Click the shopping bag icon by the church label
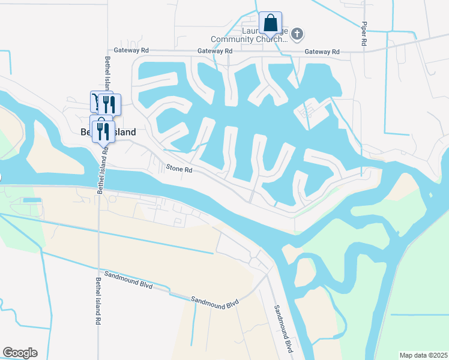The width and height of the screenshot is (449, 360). click(x=270, y=23)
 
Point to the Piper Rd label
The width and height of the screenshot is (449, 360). click(x=364, y=35)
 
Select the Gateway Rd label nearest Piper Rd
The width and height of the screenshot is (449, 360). click(x=322, y=52)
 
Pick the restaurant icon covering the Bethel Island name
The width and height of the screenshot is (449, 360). click(x=103, y=130)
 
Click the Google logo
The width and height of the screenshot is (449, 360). click(x=20, y=353)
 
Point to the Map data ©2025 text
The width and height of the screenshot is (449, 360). click(x=423, y=355)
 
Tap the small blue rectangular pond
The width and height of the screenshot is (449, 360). click(x=31, y=199)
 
